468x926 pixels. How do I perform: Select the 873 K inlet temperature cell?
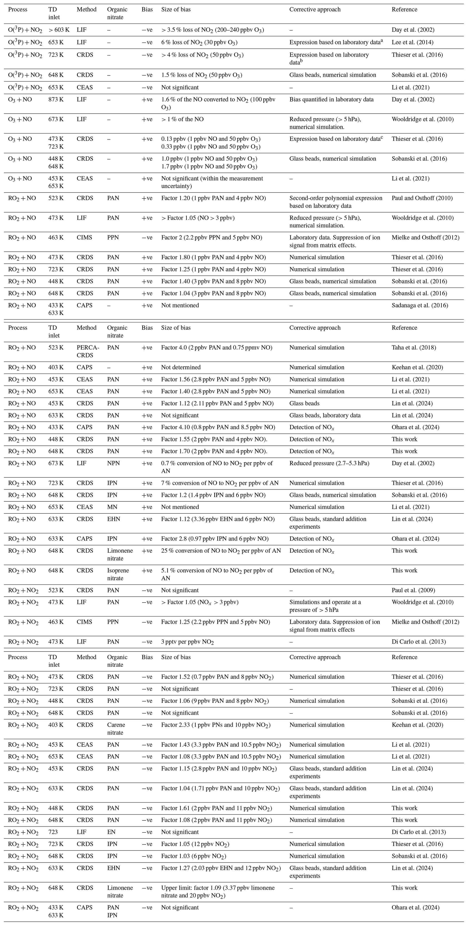pos(56,100)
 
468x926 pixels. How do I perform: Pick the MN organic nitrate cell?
pos(111,507)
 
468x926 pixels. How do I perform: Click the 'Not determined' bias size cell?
pos(181,367)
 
